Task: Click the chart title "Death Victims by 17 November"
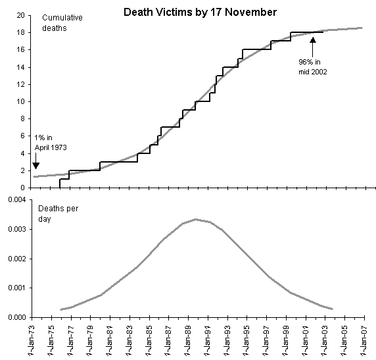[200, 12]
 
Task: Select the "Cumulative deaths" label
[62, 23]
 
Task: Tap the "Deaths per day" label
[58, 213]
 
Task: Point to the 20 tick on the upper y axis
[21, 15]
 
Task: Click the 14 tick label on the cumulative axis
[21, 67]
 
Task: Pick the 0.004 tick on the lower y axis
[17, 200]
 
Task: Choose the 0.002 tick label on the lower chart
[17, 259]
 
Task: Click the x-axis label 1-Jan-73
[32, 340]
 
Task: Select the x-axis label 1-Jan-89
[188, 340]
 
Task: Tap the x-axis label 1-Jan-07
[364, 340]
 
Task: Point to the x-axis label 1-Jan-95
[247, 340]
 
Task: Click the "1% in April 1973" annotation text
[51, 142]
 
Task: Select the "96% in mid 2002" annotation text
[312, 66]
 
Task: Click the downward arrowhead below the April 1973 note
[35, 166]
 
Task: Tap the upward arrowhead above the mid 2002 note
[313, 39]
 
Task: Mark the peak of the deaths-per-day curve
[196, 219]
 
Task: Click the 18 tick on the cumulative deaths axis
[21, 32]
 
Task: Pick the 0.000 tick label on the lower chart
[17, 317]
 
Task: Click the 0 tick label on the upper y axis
[22, 188]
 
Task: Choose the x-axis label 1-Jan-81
[110, 340]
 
